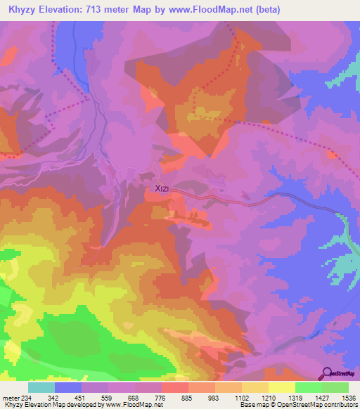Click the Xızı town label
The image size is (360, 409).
[x=158, y=189]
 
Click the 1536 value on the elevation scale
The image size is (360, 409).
[x=340, y=397]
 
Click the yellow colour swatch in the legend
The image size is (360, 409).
[x=281, y=387]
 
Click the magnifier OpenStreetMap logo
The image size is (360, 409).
[x=329, y=372]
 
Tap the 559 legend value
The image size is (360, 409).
[x=121, y=397]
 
